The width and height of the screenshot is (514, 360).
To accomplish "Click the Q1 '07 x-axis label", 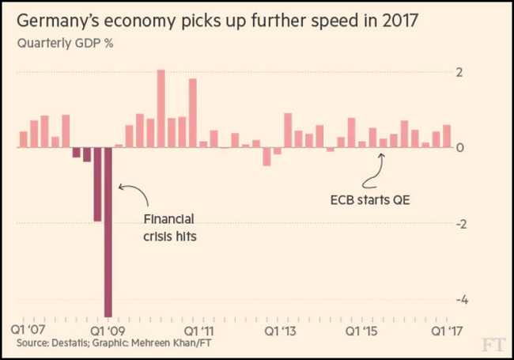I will pos(28,328).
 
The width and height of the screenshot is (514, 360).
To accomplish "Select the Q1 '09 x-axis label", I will pos(108,328).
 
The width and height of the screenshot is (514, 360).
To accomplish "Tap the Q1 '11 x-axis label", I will pos(198,328).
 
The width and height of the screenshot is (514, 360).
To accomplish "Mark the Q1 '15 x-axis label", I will pos(365,328).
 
